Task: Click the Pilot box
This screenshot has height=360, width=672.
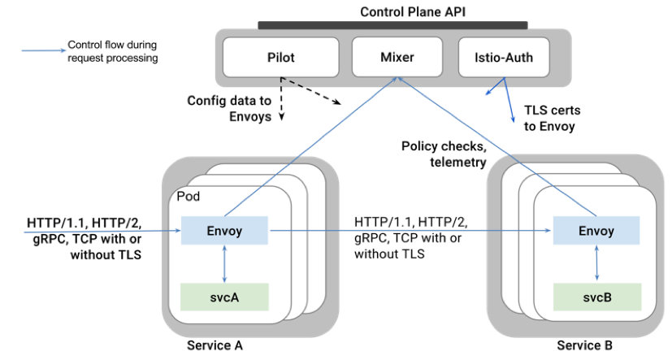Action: tap(281, 58)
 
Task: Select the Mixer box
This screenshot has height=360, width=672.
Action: tap(397, 58)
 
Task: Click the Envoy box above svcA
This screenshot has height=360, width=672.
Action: tap(225, 231)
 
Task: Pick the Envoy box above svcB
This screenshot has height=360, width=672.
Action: tap(596, 231)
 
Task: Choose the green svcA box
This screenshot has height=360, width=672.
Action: tap(224, 297)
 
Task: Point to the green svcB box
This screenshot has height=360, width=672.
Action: tap(596, 297)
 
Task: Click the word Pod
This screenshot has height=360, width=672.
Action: tap(189, 197)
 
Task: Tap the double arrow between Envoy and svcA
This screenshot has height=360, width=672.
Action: tap(224, 264)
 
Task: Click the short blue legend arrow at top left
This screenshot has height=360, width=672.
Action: tap(44, 51)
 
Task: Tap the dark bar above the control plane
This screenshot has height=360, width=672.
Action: tap(392, 25)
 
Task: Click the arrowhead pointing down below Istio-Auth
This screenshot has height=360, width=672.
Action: tap(513, 119)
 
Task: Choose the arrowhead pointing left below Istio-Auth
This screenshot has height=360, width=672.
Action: tap(488, 92)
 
